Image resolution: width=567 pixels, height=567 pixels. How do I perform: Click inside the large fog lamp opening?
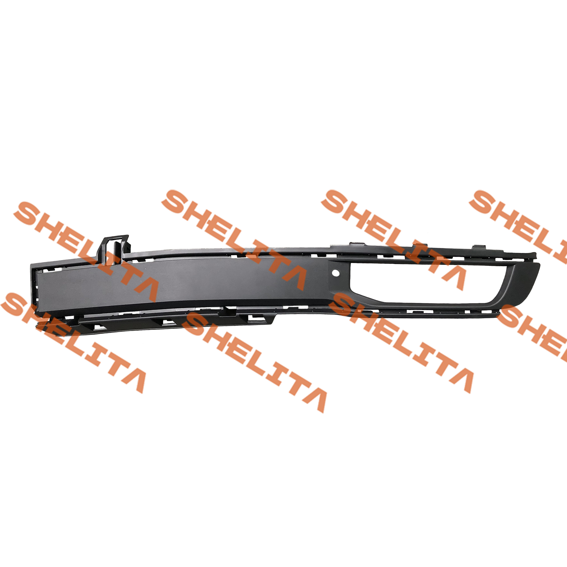click(x=425, y=283)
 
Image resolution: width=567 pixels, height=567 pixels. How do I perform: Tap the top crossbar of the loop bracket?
click(x=115, y=237)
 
